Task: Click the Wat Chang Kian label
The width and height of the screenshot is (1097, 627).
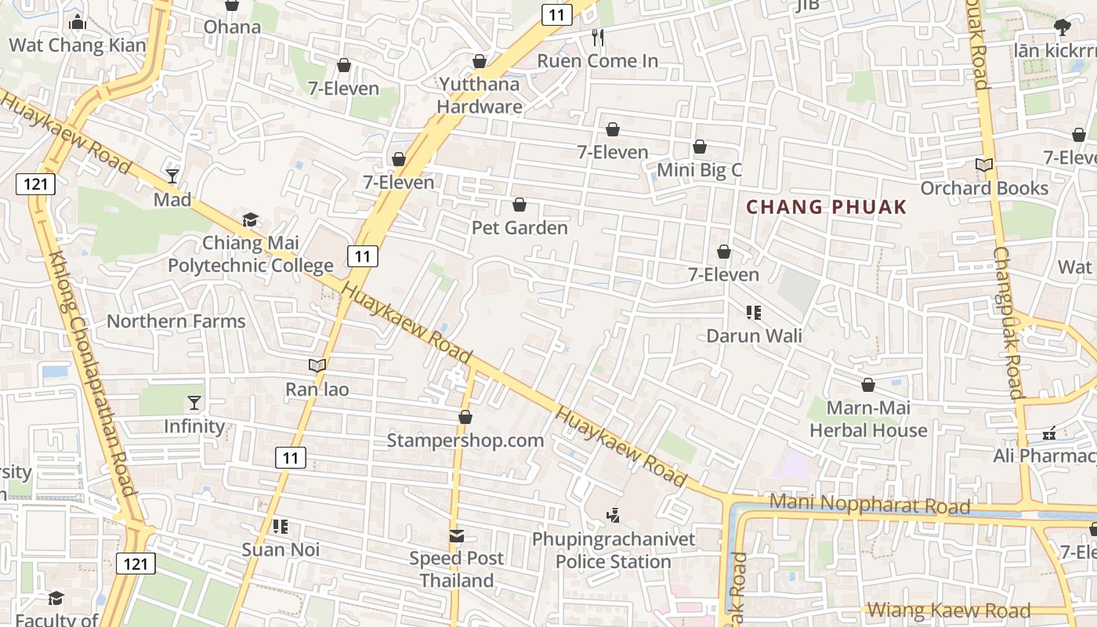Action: pos(78,45)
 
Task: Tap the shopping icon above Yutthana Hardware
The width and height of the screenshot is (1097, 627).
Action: pos(480,61)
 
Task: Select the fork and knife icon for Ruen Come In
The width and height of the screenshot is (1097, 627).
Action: pos(598,37)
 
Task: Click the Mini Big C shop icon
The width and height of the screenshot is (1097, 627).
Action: pos(700,147)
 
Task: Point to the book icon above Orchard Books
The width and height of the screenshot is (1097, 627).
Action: pos(984,165)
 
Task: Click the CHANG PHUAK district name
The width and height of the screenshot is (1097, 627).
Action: pos(826,208)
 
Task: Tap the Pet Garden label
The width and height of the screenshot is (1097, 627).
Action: pos(520,228)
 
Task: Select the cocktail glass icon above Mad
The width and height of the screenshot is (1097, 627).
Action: pos(172,176)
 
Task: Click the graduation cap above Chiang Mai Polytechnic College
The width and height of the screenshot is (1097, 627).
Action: pos(250,219)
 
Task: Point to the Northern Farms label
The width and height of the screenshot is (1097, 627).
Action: pos(176,321)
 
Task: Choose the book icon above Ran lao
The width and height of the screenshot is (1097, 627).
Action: pos(317,366)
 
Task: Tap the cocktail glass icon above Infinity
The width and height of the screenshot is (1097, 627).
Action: pos(194,403)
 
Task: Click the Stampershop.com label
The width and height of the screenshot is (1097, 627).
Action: pos(465,440)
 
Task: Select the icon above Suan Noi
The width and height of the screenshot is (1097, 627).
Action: pos(280,527)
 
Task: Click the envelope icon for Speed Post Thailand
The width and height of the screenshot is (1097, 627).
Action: pos(456,536)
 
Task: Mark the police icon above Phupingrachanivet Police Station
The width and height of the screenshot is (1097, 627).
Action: pos(614,516)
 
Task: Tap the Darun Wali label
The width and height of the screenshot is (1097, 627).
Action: pos(754,335)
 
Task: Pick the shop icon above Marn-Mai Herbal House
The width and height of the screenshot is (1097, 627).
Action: pos(868,385)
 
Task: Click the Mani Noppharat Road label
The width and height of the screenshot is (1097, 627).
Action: pos(870,504)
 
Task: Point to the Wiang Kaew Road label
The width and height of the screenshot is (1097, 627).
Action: pos(948,610)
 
